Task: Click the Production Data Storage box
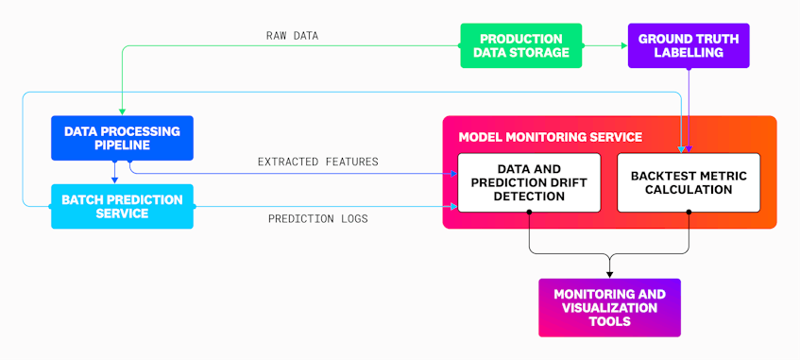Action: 521,45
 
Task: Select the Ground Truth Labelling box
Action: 689,45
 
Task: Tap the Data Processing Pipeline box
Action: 121,137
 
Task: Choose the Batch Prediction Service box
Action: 121,206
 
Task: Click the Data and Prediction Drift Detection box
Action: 529,182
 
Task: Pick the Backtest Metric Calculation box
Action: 689,182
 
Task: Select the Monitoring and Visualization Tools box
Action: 608,308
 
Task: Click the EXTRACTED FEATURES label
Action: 317,162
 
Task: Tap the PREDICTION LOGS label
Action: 318,219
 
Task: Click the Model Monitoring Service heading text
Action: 550,137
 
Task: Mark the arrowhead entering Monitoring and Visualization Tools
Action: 609,274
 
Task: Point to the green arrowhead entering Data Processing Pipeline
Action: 122,111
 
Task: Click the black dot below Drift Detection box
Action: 529,213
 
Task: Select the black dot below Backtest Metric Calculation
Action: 689,213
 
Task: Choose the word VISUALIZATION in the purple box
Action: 609,308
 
